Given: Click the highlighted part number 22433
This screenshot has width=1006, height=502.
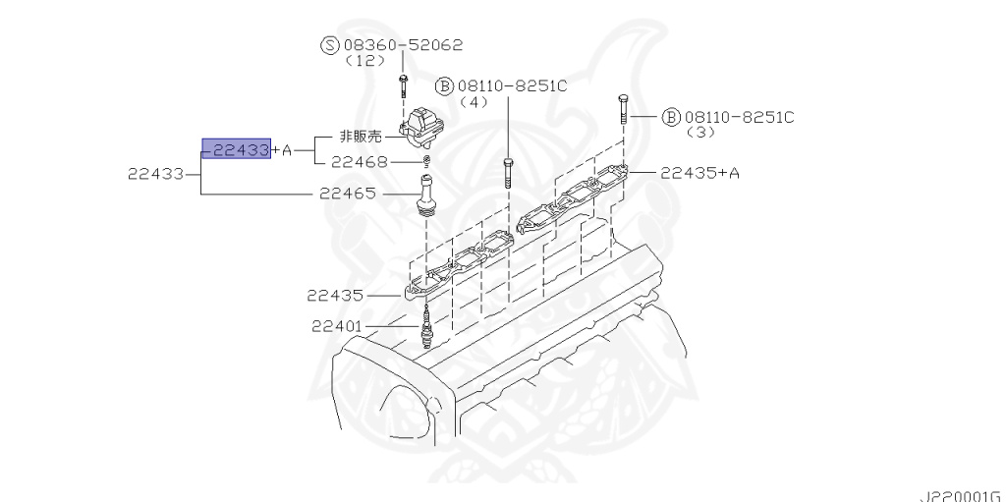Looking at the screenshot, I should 237,149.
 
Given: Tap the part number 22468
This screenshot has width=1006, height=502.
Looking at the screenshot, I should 359,162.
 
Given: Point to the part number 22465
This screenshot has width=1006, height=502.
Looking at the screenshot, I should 348,195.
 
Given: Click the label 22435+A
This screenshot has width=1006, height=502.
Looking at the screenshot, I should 699,173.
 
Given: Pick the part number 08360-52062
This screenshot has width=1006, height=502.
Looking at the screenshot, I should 403,45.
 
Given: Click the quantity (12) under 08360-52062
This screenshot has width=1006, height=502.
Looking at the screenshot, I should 361,61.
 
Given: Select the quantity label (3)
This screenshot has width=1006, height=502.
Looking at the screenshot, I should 699,132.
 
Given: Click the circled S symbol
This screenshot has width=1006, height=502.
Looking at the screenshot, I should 330,45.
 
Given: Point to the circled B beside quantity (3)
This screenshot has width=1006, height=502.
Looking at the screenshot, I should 672,117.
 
